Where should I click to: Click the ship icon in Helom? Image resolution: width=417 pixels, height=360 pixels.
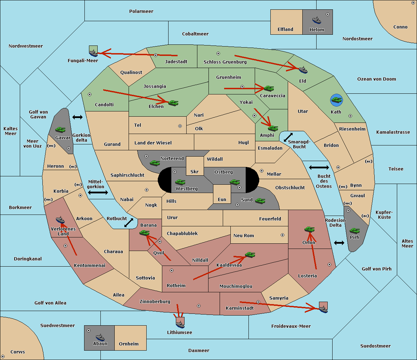click(317, 20)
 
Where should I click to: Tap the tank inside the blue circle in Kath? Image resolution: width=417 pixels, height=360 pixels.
click(336, 100)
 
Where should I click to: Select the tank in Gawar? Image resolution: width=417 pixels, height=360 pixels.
click(60, 129)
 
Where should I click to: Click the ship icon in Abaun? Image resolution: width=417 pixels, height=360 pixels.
click(100, 337)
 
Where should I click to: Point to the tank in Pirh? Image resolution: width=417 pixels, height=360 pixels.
click(354, 231)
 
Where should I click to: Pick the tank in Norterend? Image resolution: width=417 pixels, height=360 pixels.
click(155, 163)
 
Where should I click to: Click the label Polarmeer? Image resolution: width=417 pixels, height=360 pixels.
click(141, 11)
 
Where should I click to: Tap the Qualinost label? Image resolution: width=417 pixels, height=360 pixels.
click(131, 72)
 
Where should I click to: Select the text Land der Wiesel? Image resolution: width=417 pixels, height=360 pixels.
click(153, 143)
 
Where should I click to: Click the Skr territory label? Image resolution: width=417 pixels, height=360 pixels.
click(194, 171)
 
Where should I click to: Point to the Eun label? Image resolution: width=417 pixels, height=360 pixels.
click(222, 199)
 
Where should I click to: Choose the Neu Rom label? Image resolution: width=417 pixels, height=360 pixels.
click(244, 235)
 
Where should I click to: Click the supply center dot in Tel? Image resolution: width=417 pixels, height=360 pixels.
click(180, 126)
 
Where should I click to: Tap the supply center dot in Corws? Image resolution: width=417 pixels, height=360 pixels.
click(3, 357)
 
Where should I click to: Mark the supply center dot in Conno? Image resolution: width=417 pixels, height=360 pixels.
click(413, 3)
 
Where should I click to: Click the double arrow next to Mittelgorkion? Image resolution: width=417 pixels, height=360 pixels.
click(98, 192)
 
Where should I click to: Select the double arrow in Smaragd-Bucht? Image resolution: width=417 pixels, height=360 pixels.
click(288, 137)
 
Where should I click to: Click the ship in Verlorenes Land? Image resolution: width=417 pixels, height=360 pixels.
click(60, 220)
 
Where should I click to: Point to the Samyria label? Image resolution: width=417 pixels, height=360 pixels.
click(279, 298)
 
